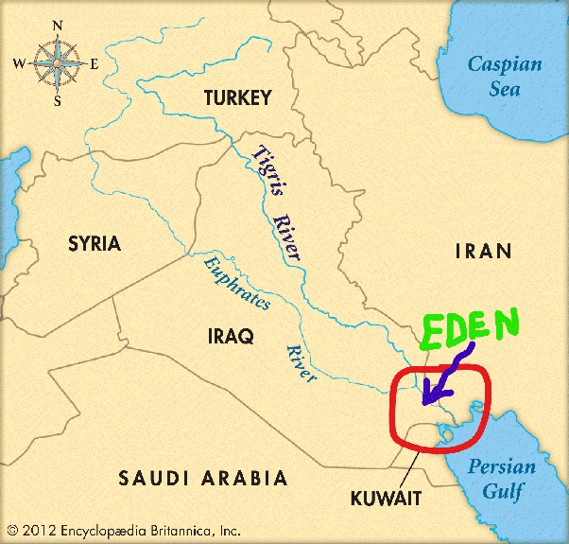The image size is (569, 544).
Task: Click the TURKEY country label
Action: (237, 97)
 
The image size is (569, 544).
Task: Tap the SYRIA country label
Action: (95, 243)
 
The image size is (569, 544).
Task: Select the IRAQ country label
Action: (231, 335)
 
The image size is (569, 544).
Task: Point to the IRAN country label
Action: (483, 251)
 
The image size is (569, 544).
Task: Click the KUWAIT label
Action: (386, 498)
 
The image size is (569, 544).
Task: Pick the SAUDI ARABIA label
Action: (202, 479)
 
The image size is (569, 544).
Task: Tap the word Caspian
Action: (508, 64)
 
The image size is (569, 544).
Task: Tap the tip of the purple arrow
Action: (424, 402)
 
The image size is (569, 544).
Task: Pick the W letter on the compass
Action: (18, 63)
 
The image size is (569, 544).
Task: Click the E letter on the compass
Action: (94, 63)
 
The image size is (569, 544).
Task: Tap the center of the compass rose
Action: (56, 63)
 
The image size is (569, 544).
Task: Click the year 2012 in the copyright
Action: (39, 531)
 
